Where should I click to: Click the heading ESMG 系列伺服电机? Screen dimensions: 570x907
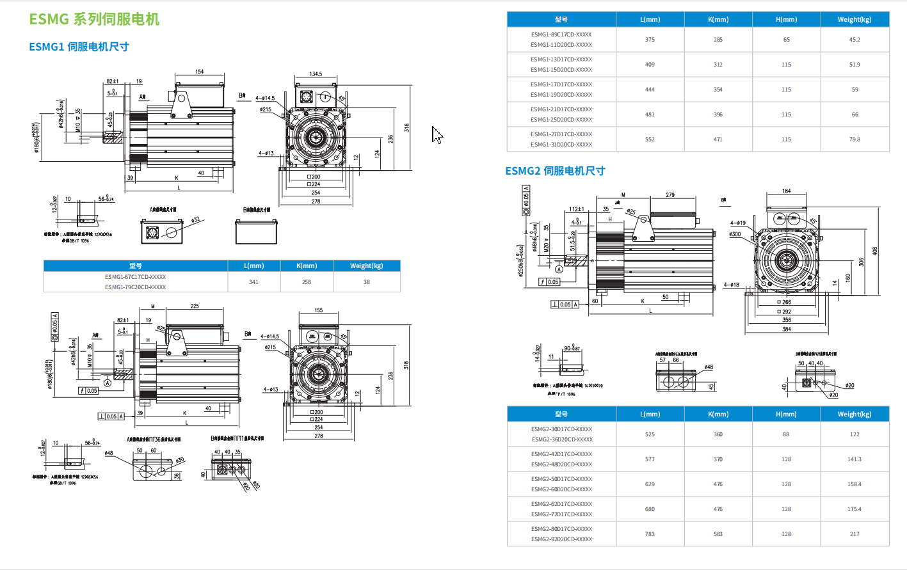point(94,19)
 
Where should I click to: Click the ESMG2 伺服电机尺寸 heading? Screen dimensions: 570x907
point(555,171)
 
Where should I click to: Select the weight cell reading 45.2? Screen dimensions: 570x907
point(855,40)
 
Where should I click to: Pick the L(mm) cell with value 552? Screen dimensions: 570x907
point(650,139)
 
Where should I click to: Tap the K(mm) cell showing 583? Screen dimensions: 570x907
point(718,534)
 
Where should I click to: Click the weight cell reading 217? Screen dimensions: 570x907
point(855,534)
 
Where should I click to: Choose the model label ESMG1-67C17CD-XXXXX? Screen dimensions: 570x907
point(136,277)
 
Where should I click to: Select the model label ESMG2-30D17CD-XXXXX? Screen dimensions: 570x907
point(561,429)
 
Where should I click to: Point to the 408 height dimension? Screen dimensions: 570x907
point(875,251)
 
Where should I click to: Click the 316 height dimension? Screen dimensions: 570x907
point(406,128)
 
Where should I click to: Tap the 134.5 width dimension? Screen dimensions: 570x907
point(316,74)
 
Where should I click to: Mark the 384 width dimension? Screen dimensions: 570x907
point(787,329)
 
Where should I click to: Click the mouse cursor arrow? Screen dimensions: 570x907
point(437,134)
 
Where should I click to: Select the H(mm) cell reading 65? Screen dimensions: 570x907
point(786,40)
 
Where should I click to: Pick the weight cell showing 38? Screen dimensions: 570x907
point(367,282)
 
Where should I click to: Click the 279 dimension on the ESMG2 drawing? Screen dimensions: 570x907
point(670,195)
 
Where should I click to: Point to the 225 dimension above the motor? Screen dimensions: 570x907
point(195,306)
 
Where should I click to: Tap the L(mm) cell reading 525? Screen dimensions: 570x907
point(650,434)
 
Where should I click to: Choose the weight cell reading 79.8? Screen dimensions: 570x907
point(855,139)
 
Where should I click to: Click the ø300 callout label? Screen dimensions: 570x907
point(735,234)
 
